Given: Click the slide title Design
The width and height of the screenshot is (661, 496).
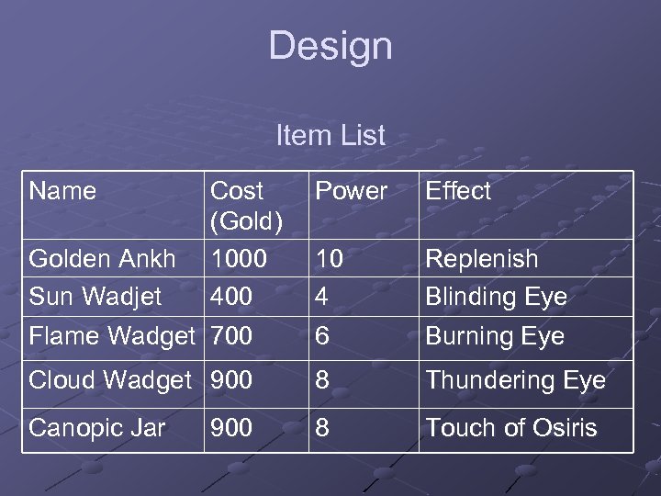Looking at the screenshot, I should [330, 46].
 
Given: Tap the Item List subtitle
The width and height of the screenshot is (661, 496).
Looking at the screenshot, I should [330, 136].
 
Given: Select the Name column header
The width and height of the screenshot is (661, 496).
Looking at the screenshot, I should [62, 191].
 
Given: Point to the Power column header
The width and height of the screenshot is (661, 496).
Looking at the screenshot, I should [352, 191].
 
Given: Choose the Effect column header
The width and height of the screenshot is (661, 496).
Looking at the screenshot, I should [458, 191].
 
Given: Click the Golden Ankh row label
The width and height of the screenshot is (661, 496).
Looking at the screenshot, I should [102, 259].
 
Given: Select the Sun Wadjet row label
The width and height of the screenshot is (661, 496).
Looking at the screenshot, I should [95, 297].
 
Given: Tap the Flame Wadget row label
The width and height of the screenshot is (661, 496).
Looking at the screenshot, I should [112, 336].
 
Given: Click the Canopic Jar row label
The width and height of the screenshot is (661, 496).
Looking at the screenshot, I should [97, 428].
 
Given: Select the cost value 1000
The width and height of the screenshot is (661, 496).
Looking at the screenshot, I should [239, 259].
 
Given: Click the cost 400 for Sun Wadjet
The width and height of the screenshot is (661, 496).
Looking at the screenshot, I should [231, 297].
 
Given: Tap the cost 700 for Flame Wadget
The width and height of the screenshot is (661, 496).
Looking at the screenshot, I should [231, 336].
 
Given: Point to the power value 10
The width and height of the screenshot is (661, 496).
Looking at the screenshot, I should [329, 259].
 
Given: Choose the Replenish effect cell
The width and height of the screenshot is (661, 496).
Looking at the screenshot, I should [481, 259].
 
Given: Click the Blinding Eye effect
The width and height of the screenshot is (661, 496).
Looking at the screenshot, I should [496, 297].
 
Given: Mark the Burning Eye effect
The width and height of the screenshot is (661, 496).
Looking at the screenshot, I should [495, 336].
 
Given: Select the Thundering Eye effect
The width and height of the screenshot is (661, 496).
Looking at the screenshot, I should [515, 380].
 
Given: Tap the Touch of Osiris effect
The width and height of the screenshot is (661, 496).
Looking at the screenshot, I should [510, 428].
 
